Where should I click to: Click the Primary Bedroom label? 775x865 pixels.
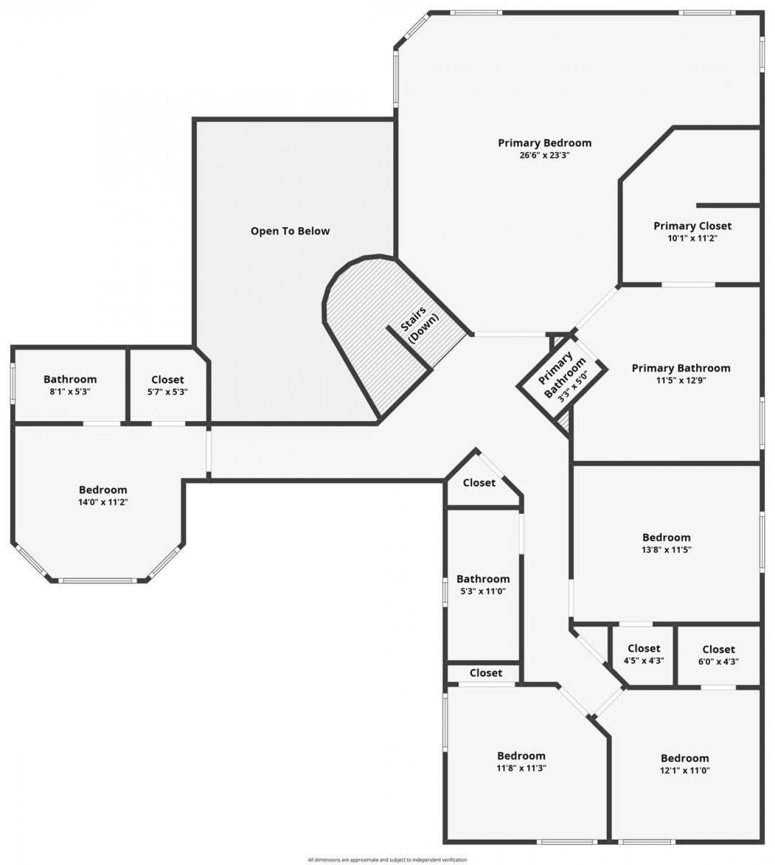point(544,143)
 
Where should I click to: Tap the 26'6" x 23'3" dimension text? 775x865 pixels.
point(544,155)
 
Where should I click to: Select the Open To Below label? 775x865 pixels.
point(290,231)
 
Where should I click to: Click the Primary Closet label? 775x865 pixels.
point(692,226)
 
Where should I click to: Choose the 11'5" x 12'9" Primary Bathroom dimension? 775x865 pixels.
point(681,380)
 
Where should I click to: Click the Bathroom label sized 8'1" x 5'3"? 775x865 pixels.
point(70,379)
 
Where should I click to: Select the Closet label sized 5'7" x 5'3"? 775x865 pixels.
point(168,380)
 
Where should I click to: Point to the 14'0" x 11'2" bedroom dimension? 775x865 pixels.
point(103,502)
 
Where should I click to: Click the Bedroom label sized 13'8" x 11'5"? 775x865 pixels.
point(666,537)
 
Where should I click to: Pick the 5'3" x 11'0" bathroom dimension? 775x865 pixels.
point(483,591)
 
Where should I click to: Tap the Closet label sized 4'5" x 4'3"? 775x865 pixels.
point(644,649)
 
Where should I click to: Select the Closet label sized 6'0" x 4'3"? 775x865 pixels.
point(718,649)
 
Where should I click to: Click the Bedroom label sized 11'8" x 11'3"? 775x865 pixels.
point(521,756)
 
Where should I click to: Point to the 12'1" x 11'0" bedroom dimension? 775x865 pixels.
point(685,771)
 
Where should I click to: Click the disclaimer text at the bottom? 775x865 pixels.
point(387,860)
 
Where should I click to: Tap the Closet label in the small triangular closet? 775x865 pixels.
point(479,483)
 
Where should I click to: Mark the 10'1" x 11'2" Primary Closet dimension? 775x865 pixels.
point(692,239)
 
